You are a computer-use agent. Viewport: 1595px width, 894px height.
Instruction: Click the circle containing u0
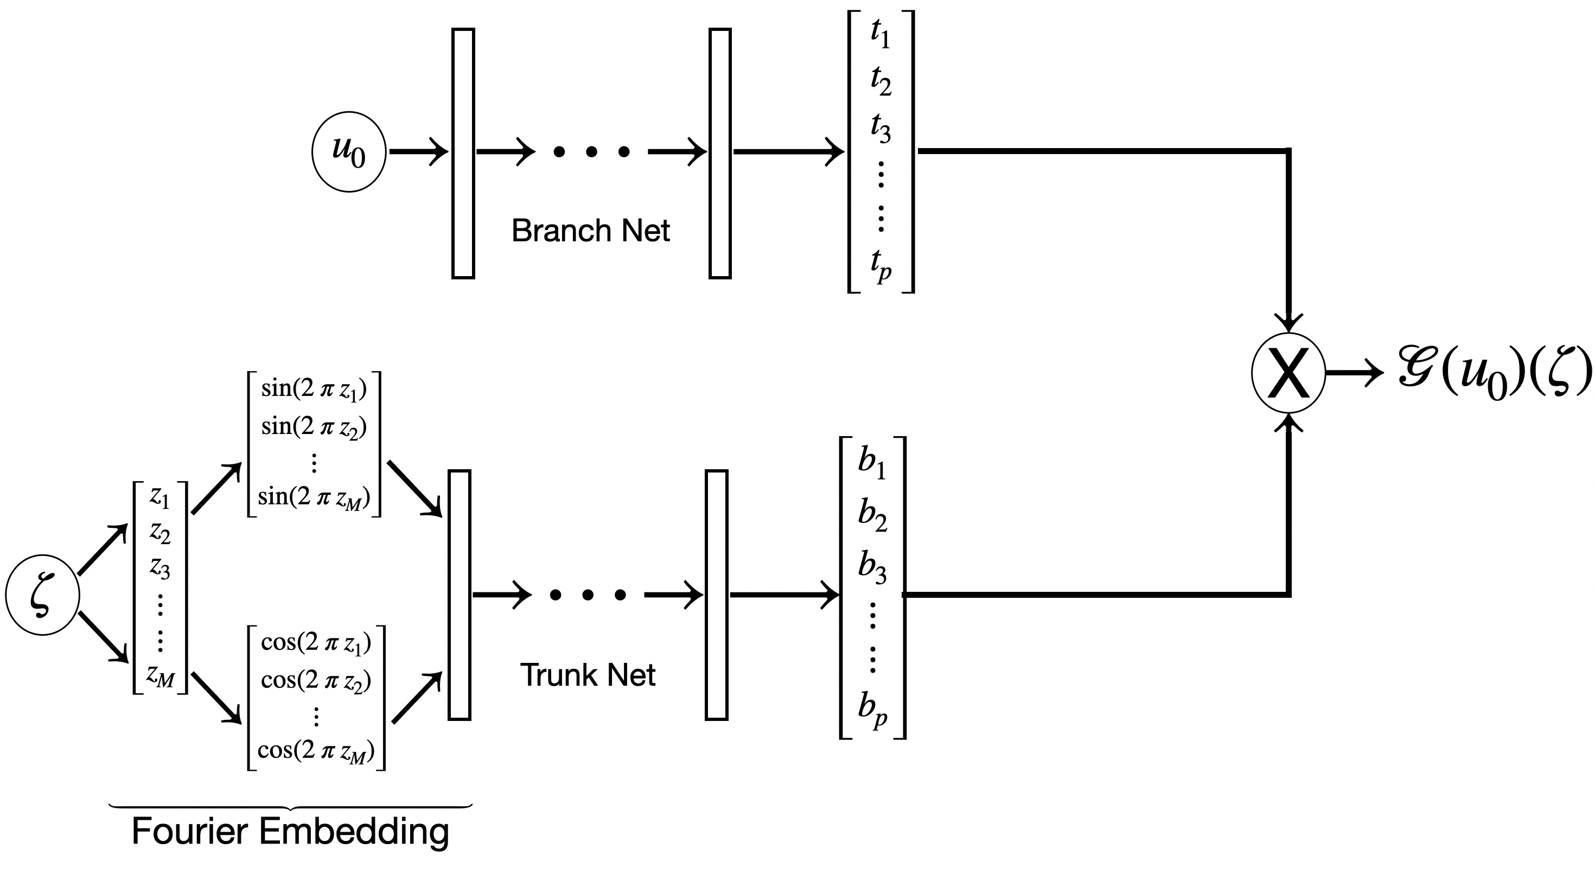click(x=349, y=152)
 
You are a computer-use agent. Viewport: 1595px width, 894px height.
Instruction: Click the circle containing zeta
click(x=43, y=595)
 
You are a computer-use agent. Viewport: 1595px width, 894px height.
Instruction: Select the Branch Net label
click(x=590, y=231)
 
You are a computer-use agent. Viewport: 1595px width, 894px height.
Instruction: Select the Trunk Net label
click(x=587, y=675)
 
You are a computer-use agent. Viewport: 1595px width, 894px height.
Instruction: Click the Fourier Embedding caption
click(x=290, y=831)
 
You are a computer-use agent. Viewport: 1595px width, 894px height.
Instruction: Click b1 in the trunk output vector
click(x=872, y=464)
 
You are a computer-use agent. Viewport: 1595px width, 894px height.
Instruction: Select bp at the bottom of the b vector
click(x=872, y=709)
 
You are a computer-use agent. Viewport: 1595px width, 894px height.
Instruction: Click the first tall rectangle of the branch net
click(x=463, y=154)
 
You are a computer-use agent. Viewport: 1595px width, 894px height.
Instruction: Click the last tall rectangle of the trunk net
click(x=716, y=595)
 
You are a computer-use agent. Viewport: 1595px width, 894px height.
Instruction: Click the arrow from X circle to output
click(x=1354, y=373)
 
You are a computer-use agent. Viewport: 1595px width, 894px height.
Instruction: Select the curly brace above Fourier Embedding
click(x=290, y=807)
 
